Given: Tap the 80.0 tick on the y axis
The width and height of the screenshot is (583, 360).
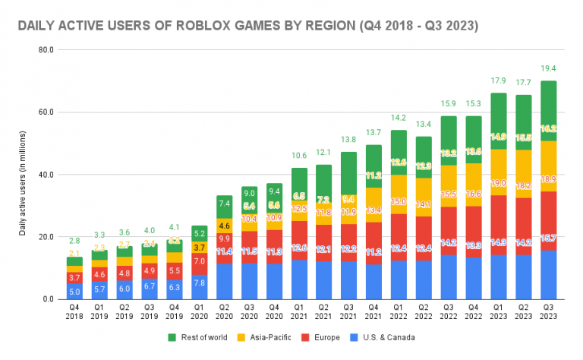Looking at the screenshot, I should tap(45, 50).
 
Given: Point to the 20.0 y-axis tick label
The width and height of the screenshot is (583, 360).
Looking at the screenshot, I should tap(45, 237).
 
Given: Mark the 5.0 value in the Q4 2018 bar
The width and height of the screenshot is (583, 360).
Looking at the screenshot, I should tap(74, 291).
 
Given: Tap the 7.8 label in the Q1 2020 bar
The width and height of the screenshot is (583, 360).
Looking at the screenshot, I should tap(199, 283).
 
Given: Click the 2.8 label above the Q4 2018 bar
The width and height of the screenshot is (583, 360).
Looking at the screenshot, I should tap(74, 240).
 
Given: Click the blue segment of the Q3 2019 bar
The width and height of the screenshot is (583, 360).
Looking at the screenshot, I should tap(150, 286).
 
